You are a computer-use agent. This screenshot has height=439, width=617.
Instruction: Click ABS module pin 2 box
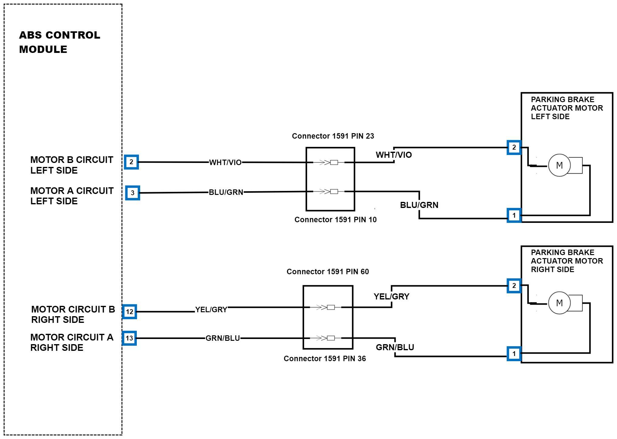[x=131, y=162]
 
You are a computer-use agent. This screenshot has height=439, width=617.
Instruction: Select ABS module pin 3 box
[x=133, y=193]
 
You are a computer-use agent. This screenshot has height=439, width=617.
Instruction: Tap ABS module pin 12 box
[x=130, y=312]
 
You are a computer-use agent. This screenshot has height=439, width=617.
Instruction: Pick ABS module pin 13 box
[x=129, y=338]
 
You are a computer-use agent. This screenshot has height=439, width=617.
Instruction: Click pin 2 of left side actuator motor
[x=514, y=147]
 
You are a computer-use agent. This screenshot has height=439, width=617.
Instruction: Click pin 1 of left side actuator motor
[x=514, y=216]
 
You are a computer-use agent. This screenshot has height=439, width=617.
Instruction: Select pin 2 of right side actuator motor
[x=514, y=286]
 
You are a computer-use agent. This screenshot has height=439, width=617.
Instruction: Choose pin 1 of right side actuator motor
[x=514, y=354]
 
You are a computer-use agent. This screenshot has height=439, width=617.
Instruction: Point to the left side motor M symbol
[x=559, y=165]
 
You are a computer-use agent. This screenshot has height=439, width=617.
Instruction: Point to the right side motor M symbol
[x=559, y=303]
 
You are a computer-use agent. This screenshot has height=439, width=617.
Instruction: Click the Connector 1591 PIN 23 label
[x=333, y=136]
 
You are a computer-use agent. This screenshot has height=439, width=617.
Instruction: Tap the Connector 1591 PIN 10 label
[x=335, y=220]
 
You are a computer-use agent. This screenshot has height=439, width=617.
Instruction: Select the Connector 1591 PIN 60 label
[x=328, y=272]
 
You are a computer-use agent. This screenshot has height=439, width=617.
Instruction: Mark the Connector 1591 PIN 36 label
[x=325, y=359]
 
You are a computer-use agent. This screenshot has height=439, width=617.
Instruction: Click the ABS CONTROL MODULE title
[x=60, y=42]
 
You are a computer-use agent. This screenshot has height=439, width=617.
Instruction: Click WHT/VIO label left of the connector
[x=225, y=163]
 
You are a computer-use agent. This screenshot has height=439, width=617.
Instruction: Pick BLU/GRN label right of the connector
[x=419, y=205]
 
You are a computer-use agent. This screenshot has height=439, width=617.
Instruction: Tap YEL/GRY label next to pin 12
[x=211, y=310]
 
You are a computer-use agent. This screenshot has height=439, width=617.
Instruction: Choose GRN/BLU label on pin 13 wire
[x=223, y=338]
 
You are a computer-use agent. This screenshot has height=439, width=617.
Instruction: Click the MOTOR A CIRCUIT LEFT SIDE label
[x=72, y=196]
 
